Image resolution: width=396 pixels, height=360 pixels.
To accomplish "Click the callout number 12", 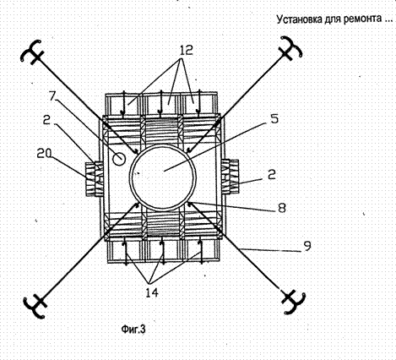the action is (x=185, y=51).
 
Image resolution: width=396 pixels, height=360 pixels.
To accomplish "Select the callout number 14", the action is (x=152, y=293).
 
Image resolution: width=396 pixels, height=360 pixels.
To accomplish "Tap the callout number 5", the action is (x=274, y=119).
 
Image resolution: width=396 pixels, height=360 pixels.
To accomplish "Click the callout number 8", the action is (x=281, y=208).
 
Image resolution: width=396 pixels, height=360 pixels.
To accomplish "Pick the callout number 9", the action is (x=307, y=246).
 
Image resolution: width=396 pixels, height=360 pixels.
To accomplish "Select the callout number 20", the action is (x=44, y=154).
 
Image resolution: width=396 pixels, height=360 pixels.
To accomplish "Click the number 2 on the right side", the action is (x=272, y=175).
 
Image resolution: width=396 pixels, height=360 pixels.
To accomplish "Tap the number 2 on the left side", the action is (x=47, y=120).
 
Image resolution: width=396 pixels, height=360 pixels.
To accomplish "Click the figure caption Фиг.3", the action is (x=133, y=329).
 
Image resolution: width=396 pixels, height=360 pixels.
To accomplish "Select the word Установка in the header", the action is (x=299, y=19).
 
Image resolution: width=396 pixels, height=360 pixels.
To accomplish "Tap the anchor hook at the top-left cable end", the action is (x=32, y=51).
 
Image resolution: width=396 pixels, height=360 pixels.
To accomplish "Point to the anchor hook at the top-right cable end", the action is (x=290, y=47).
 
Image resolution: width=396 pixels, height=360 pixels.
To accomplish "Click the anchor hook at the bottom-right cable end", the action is (x=294, y=302).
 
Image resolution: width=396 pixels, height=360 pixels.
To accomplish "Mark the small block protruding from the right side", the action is (x=231, y=177).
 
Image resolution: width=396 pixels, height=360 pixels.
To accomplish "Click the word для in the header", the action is (x=333, y=19).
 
